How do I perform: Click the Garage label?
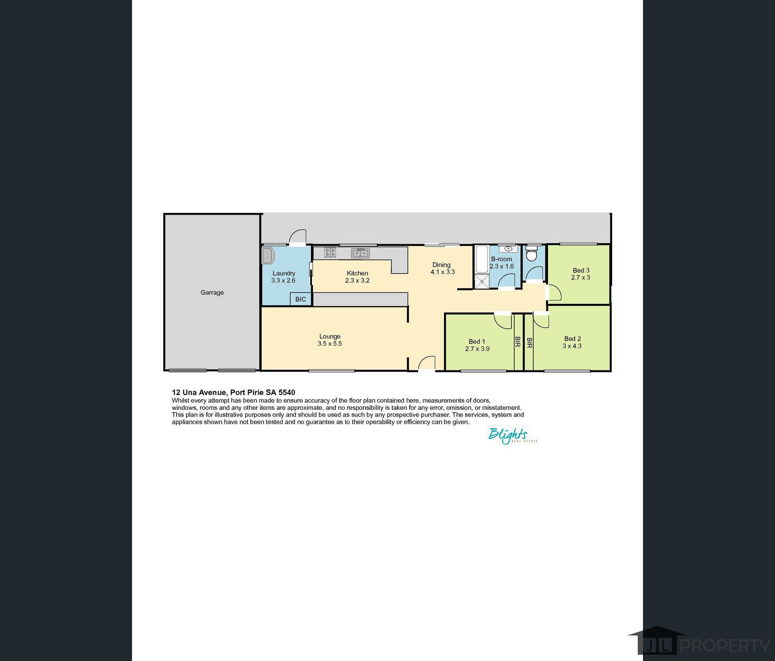tap(212, 293)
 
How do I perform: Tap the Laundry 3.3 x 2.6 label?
tap(284, 277)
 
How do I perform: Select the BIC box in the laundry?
tap(301, 299)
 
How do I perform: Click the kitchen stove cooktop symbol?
tap(330, 253)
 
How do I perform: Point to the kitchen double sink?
tap(360, 253)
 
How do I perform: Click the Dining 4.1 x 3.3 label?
tap(442, 268)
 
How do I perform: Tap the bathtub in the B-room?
tap(481, 259)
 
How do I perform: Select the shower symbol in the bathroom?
tap(482, 281)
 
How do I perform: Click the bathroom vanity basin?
tap(509, 249)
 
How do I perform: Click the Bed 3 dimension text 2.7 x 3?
tap(580, 277)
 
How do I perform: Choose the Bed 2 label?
tap(572, 339)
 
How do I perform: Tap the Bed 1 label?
tap(477, 341)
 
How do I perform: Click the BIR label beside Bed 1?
tap(518, 342)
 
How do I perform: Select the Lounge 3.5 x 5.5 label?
tap(330, 340)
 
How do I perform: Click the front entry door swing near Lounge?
tap(427, 363)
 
